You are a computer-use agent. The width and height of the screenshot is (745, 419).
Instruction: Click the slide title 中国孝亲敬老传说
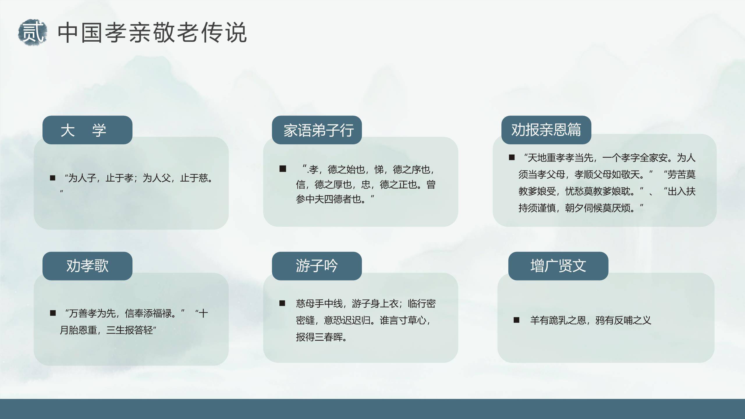point(152,32)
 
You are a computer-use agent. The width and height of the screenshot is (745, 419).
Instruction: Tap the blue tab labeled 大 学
point(87,130)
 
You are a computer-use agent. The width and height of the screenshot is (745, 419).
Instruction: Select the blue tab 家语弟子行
point(317,130)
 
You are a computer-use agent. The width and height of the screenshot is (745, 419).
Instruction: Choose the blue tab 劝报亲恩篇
point(546,130)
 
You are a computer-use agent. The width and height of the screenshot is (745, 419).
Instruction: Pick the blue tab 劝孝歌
point(87,266)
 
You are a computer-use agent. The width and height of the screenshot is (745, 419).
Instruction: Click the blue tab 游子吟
point(317,266)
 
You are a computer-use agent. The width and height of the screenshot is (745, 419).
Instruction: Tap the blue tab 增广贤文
point(558,266)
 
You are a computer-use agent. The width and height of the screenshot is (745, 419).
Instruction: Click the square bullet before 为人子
point(53,178)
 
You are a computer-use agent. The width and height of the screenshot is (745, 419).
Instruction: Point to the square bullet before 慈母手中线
point(282,303)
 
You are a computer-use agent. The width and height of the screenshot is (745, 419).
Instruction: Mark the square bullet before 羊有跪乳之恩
point(517,320)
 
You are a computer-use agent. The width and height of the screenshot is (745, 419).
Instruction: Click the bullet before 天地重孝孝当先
point(512,158)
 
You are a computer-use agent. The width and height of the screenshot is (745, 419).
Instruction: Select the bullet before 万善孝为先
point(53,313)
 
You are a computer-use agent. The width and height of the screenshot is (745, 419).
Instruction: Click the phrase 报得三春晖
point(321,337)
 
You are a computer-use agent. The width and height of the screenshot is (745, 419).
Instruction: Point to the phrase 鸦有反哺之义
point(623,320)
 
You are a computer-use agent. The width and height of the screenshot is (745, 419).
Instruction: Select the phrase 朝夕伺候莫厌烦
point(600,208)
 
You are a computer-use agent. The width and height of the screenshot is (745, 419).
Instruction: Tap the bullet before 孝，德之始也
point(283,169)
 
